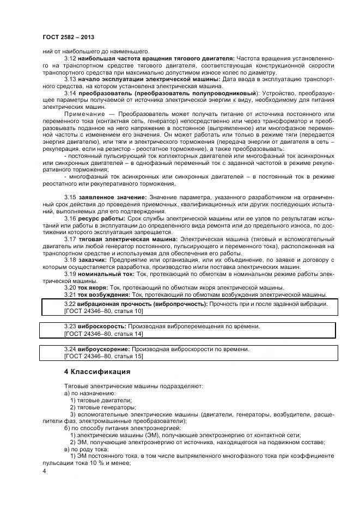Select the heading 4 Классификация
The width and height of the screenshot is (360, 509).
tap(97, 372)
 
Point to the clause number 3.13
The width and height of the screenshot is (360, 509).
tap(70, 79)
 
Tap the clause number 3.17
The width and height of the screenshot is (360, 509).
tap(70, 239)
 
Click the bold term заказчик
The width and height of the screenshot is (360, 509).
tap(94, 260)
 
